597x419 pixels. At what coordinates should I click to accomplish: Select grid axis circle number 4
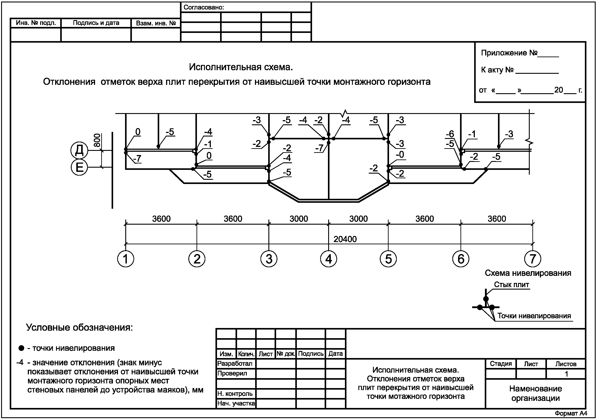click(328, 259)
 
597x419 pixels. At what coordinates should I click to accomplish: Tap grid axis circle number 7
click(533, 259)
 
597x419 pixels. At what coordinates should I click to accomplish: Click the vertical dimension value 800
click(97, 140)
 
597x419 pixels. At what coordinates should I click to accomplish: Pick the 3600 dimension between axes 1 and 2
click(161, 219)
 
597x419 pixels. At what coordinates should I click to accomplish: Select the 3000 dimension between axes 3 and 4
click(299, 219)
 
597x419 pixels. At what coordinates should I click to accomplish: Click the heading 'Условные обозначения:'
click(79, 327)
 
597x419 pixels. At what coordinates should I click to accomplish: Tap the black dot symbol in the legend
click(22, 348)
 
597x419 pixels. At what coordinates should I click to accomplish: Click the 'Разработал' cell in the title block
click(235, 364)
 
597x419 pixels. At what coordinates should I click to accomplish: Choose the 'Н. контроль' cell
click(235, 394)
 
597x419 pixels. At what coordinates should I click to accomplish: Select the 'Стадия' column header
click(501, 364)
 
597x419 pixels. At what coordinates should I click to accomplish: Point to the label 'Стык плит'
click(511, 285)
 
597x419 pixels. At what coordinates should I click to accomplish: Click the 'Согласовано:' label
click(204, 7)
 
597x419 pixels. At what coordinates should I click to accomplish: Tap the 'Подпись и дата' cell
click(96, 23)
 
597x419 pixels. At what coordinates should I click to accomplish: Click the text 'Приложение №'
click(509, 53)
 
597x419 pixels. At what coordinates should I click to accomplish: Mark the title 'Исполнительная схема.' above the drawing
click(241, 67)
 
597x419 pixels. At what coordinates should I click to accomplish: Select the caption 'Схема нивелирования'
click(528, 273)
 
